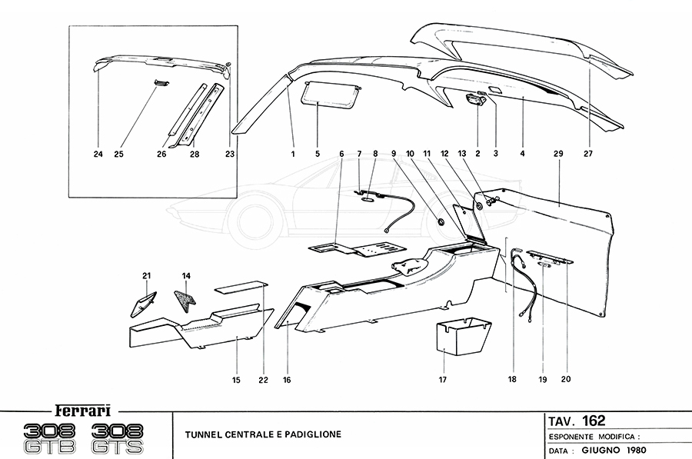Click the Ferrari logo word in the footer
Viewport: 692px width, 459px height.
86,409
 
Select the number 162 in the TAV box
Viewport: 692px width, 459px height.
593,421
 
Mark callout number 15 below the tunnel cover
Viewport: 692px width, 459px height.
237,380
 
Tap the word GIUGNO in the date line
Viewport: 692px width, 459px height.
603,450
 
